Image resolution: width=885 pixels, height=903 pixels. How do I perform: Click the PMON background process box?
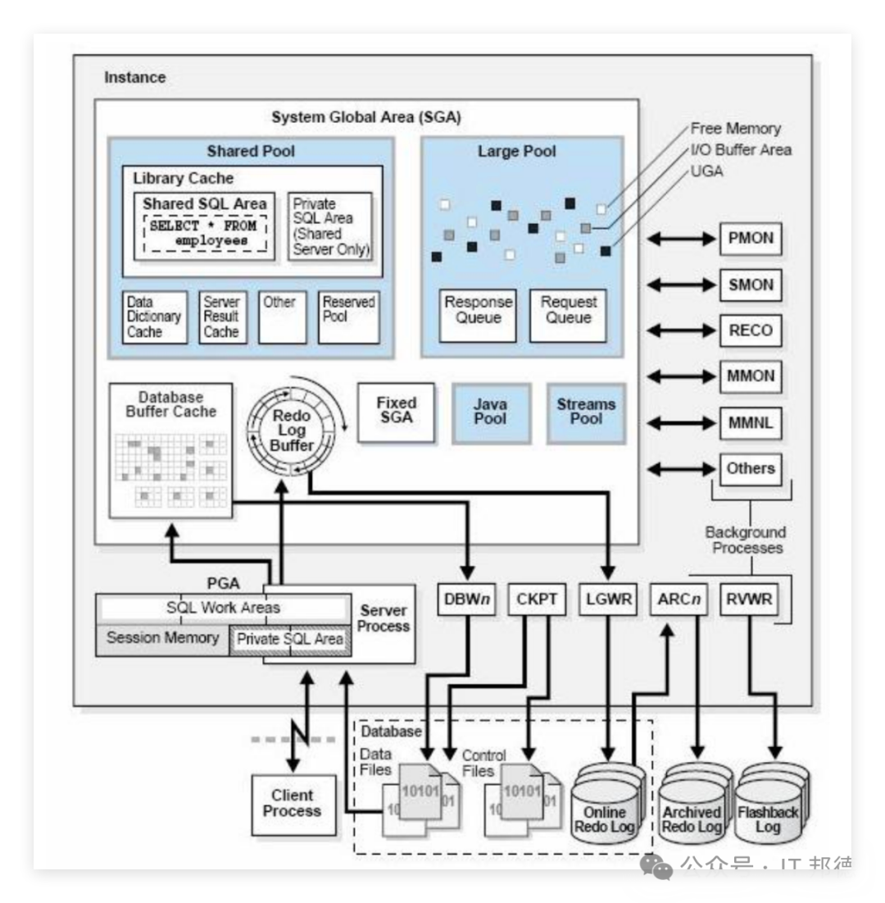[751, 239]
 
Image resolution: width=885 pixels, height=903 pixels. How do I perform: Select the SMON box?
[751, 285]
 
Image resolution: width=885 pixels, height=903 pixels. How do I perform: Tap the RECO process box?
[751, 331]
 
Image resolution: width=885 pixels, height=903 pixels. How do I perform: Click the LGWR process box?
[607, 600]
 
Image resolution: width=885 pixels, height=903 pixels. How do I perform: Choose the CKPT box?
[537, 600]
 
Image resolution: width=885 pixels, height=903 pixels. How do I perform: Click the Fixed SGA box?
[397, 410]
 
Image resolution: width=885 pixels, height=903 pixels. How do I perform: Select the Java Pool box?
[490, 412]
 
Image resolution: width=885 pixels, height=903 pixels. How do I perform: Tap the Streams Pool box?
[586, 412]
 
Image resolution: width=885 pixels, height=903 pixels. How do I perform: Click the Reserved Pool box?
[348, 317]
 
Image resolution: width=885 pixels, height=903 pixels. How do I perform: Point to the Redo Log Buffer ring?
[292, 430]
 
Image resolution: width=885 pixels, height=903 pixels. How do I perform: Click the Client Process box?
[293, 804]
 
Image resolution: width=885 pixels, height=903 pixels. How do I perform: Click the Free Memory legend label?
[735, 128]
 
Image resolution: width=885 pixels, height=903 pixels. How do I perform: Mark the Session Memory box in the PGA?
[162, 638]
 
